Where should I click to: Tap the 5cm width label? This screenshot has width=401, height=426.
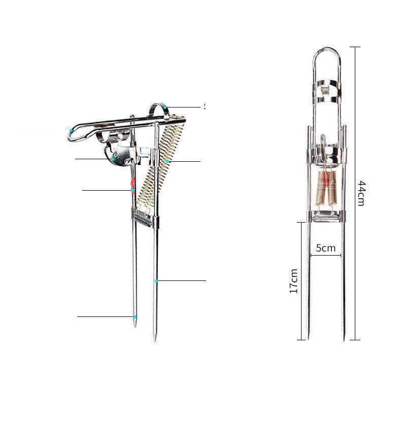325,248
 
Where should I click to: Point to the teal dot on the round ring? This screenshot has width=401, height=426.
165,108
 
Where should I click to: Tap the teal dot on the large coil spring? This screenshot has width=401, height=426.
167,161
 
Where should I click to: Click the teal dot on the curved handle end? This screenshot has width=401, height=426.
71,130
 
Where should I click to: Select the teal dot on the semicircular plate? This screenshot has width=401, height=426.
113,159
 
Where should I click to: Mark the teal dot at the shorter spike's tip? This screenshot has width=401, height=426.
135,316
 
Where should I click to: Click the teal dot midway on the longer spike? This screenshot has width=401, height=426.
156,280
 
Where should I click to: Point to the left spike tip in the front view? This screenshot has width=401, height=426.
309,337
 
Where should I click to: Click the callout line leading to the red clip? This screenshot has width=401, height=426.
107,190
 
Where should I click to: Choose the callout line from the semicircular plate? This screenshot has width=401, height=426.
93,159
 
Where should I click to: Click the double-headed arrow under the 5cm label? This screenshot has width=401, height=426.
325,255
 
